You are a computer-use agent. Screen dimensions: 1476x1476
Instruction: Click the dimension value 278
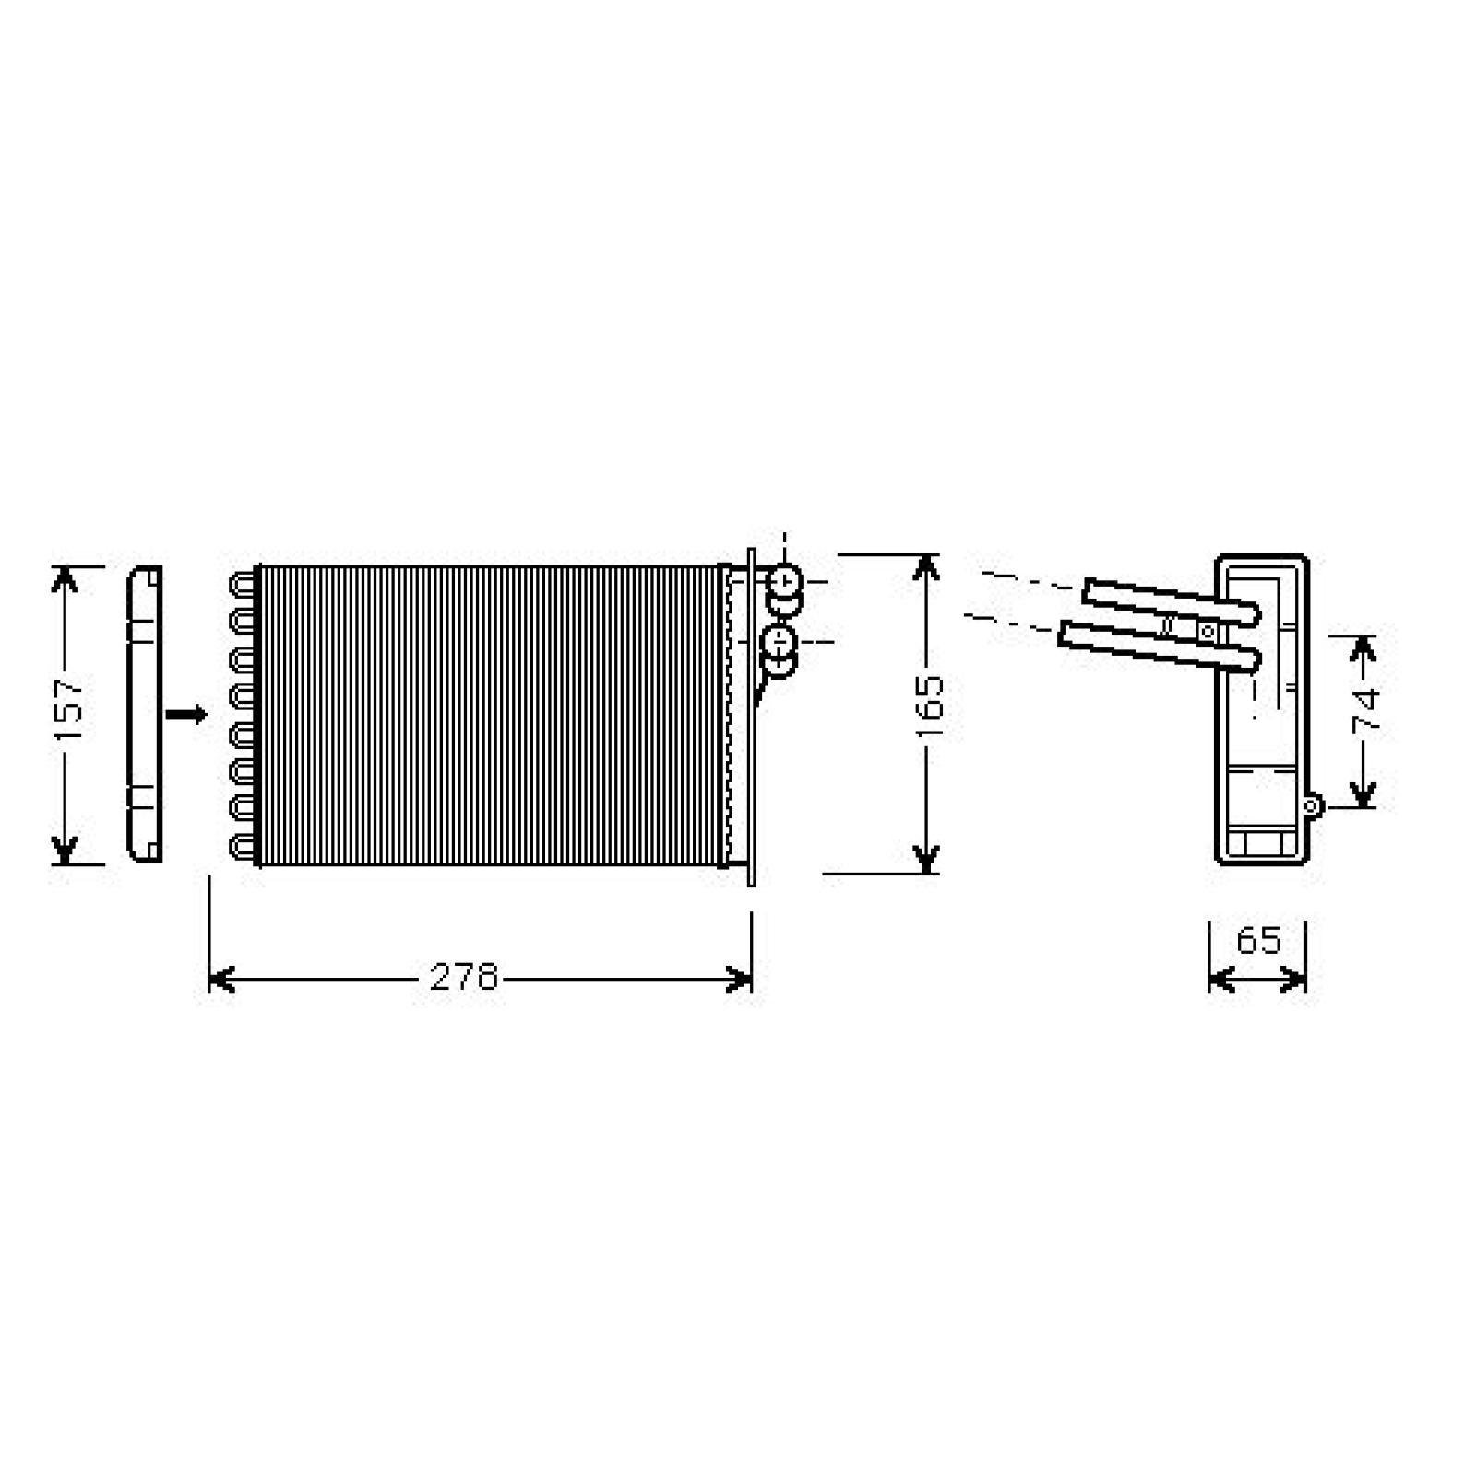[x=464, y=977]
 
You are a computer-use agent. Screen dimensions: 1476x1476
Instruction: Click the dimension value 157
[x=70, y=710]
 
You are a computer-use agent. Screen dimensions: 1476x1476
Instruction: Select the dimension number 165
[x=930, y=707]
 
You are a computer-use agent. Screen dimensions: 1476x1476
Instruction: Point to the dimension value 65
[x=1258, y=941]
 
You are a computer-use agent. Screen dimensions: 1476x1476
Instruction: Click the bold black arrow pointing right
[x=186, y=714]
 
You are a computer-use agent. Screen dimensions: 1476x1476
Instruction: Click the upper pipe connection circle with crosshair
[x=785, y=582]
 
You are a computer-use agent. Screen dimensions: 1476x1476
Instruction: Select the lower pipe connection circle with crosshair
[x=779, y=640]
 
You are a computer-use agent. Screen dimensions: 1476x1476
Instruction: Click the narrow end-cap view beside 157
[x=145, y=714]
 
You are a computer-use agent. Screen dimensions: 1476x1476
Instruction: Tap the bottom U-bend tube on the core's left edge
[x=244, y=846]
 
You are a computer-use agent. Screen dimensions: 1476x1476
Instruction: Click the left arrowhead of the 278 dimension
[x=221, y=979]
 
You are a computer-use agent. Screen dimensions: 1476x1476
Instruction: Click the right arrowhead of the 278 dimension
[x=740, y=979]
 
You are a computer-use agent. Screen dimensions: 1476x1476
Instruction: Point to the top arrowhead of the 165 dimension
[x=926, y=568]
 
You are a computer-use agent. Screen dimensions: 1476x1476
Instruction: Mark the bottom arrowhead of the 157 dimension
[x=64, y=850]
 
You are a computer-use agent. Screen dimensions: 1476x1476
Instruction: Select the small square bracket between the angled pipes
[x=1207, y=632]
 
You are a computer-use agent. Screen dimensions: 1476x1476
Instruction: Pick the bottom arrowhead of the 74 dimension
[x=1363, y=793]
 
